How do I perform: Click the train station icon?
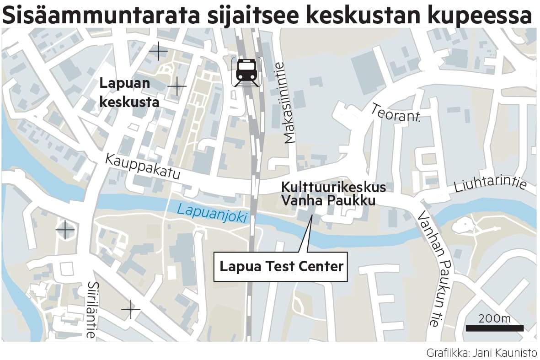(246, 71)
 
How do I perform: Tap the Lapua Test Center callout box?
(281, 266)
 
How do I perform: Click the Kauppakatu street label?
(143, 167)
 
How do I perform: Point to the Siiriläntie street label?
(91, 309)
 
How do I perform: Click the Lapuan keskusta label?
(129, 93)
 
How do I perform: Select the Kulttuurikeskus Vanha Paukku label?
(333, 194)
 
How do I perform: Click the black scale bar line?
(495, 328)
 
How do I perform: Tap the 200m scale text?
(495, 318)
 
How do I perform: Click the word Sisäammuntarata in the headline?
(101, 15)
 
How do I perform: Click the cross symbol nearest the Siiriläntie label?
(131, 310)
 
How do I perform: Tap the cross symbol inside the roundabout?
(65, 229)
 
